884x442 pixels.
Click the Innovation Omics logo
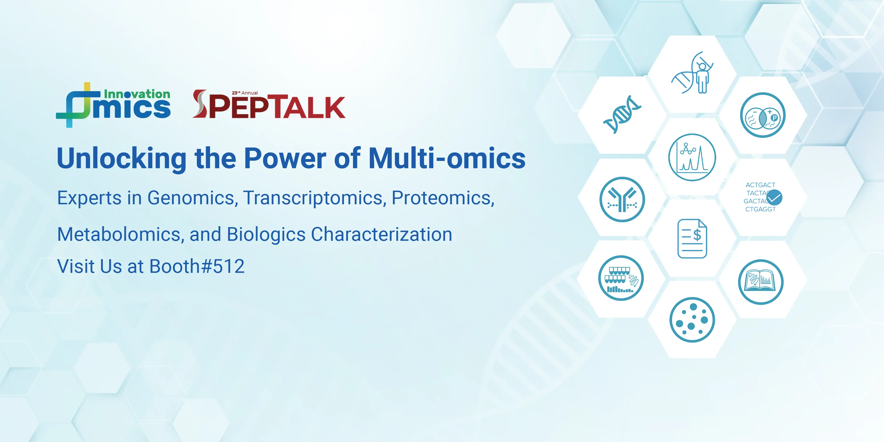pos(113,105)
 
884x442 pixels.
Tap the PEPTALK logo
pos(269,104)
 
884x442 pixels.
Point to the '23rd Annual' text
pos(245,93)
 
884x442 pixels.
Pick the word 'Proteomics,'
pos(443,198)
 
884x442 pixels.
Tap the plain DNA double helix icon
pos(622,115)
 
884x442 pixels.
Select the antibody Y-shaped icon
pos(622,200)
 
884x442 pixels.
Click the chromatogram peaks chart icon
pos(692,157)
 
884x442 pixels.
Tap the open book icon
pos(761,282)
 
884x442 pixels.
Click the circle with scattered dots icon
pos(692,319)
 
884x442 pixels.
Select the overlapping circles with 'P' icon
pos(763,115)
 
